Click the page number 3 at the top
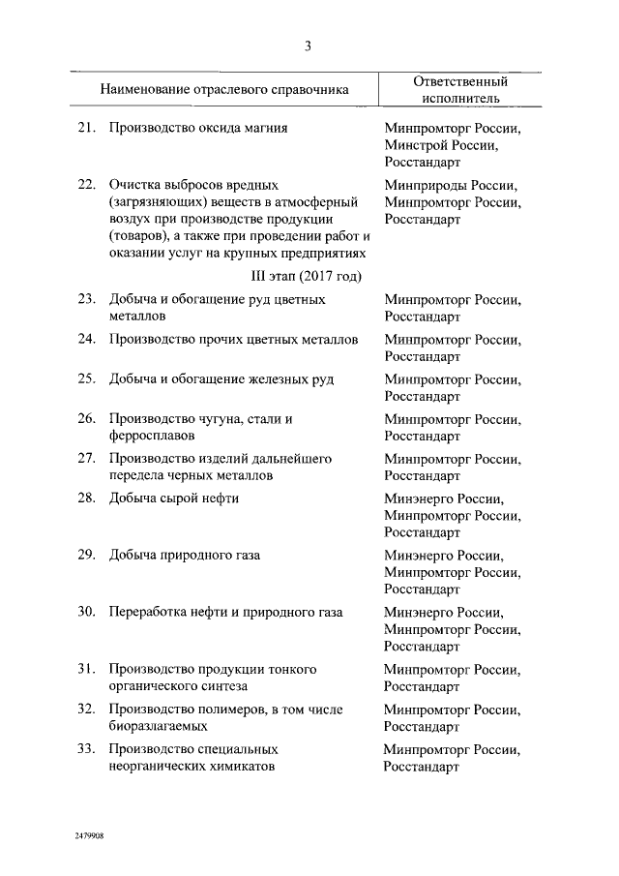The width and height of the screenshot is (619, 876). point(308,45)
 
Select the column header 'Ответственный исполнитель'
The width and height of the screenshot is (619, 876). point(459,90)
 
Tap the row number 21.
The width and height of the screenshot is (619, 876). point(85,128)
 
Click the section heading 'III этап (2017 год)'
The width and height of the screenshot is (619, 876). point(308,276)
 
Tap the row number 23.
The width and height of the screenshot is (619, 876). point(85,299)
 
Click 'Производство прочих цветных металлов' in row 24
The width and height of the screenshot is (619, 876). point(233,340)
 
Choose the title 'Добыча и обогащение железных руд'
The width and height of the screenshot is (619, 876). point(221,379)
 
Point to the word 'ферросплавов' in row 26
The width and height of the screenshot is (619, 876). point(153,437)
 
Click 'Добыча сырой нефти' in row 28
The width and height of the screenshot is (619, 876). point(174,498)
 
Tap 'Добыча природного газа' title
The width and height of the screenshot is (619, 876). point(185,555)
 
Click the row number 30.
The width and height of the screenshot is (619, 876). point(85,612)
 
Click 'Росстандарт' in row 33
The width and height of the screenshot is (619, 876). point(422,767)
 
